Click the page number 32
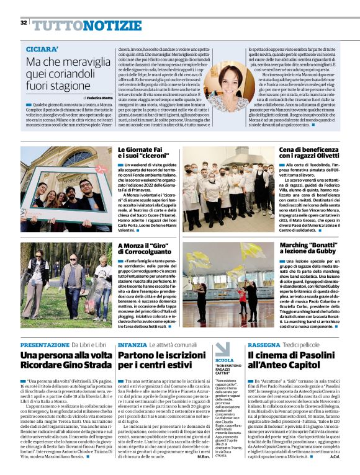pyautogui.click(x=23, y=22)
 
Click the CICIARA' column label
pyautogui.click(x=43, y=48)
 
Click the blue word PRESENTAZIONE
pyautogui.click(x=44, y=344)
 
